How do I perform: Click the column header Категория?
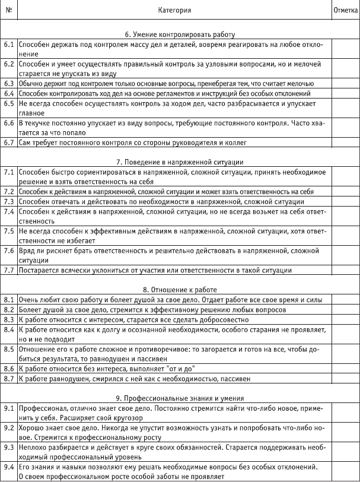[175, 9]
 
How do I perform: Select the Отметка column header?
[345, 9]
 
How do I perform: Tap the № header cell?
[9, 9]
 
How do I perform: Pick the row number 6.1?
[9, 45]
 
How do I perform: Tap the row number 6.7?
[9, 143]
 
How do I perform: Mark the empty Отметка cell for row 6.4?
[345, 93]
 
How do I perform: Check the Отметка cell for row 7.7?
[345, 271]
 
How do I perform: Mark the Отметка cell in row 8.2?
[345, 309]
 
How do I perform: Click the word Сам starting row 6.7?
[25, 143]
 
